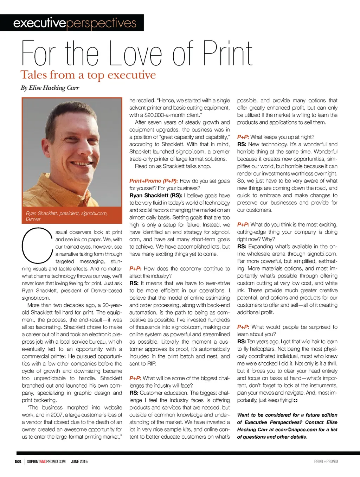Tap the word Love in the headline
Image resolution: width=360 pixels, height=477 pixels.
point(136,54)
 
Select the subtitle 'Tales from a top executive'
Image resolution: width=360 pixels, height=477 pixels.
point(88,75)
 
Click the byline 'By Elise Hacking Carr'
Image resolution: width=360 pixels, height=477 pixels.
point(50,88)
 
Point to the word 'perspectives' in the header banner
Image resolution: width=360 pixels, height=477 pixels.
point(101,23)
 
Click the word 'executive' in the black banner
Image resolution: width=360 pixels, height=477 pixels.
point(39,23)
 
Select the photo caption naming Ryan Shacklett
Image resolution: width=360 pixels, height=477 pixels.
point(66,216)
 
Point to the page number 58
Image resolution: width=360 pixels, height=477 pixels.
point(18,462)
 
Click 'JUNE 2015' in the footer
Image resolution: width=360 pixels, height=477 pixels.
point(79,462)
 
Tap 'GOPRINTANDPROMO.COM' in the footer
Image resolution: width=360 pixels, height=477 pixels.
point(46,462)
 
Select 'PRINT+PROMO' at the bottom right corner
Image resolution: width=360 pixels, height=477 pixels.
point(326,462)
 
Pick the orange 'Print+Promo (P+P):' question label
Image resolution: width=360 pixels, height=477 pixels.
point(154,181)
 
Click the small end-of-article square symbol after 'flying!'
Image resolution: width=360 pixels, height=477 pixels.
point(296,400)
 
